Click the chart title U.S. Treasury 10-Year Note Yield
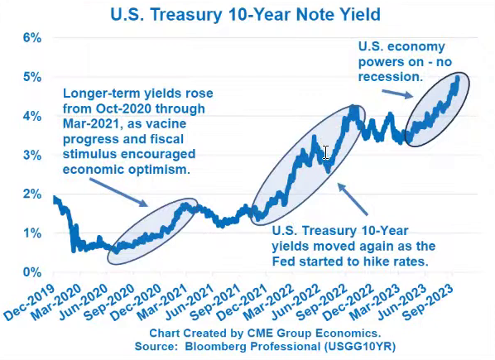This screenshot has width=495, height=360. click(245, 15)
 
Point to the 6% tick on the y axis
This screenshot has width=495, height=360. click(32, 38)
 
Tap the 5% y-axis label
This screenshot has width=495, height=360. click(32, 77)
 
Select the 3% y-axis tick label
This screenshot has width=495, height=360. click(32, 156)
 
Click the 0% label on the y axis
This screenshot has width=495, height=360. click(32, 272)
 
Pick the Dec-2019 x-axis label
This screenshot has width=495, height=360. click(29, 302)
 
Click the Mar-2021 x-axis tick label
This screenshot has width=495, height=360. click(162, 302)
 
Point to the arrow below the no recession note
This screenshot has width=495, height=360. click(397, 94)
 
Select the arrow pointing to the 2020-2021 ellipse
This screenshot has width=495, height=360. click(118, 193)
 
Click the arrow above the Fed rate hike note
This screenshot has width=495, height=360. click(353, 199)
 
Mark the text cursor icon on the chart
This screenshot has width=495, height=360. click(325, 153)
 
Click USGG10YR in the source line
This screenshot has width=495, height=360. click(359, 347)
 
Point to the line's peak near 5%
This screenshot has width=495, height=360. click(458, 77)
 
